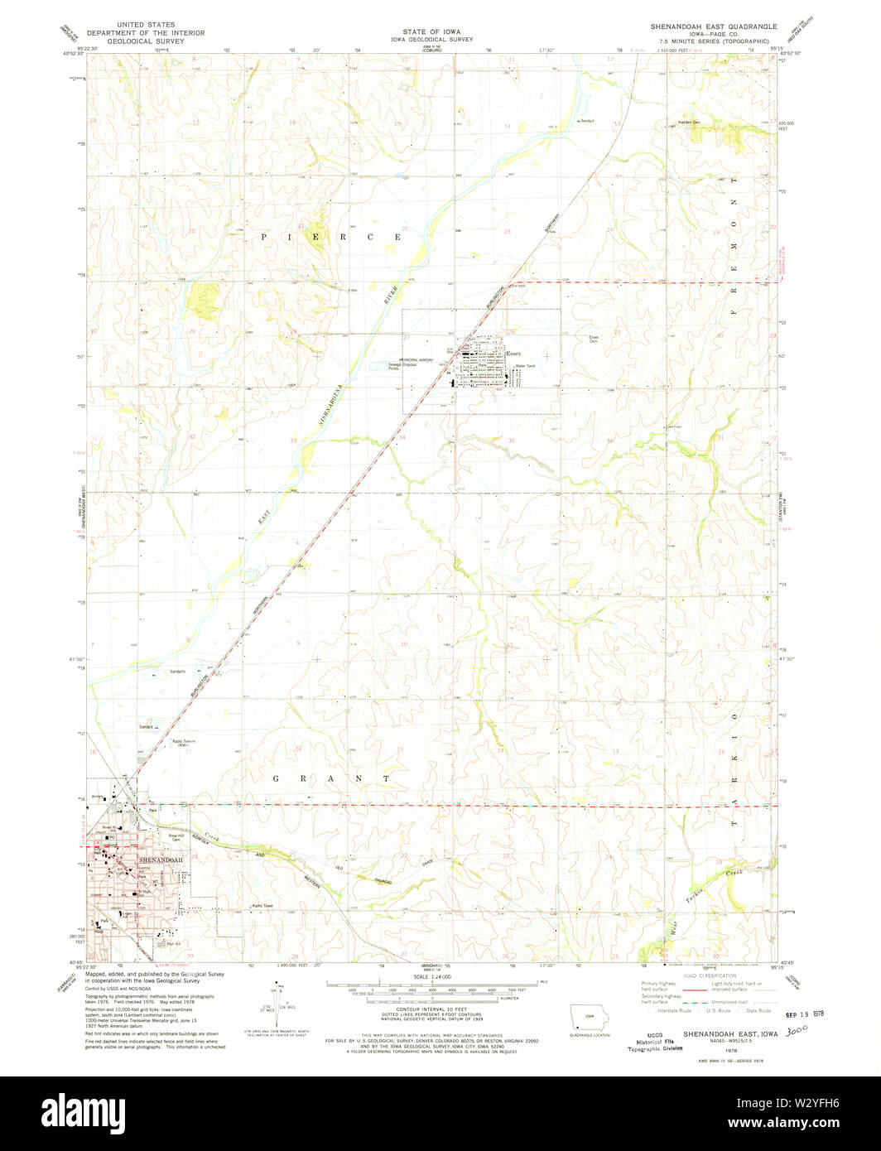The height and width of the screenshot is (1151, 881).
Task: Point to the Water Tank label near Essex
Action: (x=526, y=366)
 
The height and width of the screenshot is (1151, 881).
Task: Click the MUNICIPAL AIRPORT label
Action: (x=416, y=360)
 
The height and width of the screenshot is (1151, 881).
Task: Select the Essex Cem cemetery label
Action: (x=593, y=339)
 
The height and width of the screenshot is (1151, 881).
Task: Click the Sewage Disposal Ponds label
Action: (x=405, y=366)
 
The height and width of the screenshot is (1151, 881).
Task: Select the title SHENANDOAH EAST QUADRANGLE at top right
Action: (x=713, y=26)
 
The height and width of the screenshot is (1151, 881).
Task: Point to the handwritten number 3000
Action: (x=798, y=1028)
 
